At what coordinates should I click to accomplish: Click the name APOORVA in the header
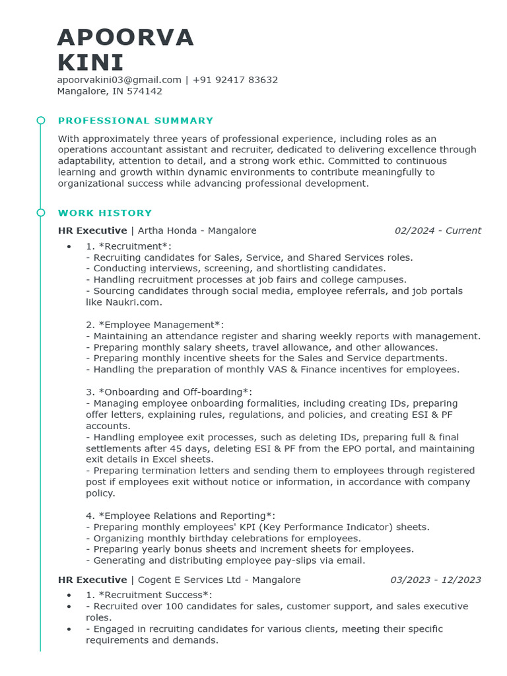[125, 38]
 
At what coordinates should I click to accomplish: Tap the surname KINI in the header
[90, 63]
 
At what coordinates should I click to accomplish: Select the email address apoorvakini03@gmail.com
[119, 80]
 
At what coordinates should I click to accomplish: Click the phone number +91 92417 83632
[235, 80]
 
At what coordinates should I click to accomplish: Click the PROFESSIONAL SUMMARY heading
[135, 121]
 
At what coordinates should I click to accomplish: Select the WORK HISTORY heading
[105, 213]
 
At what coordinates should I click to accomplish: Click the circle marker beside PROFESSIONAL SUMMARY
[41, 120]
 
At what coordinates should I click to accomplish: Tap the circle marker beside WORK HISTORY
[41, 213]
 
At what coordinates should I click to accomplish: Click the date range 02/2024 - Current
[438, 230]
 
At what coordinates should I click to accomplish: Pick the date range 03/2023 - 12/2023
[436, 580]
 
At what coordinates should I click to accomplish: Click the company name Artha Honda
[167, 230]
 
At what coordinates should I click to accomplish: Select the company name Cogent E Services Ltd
[195, 580]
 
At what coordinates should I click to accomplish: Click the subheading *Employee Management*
[161, 325]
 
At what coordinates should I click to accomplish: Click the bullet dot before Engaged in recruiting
[69, 629]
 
